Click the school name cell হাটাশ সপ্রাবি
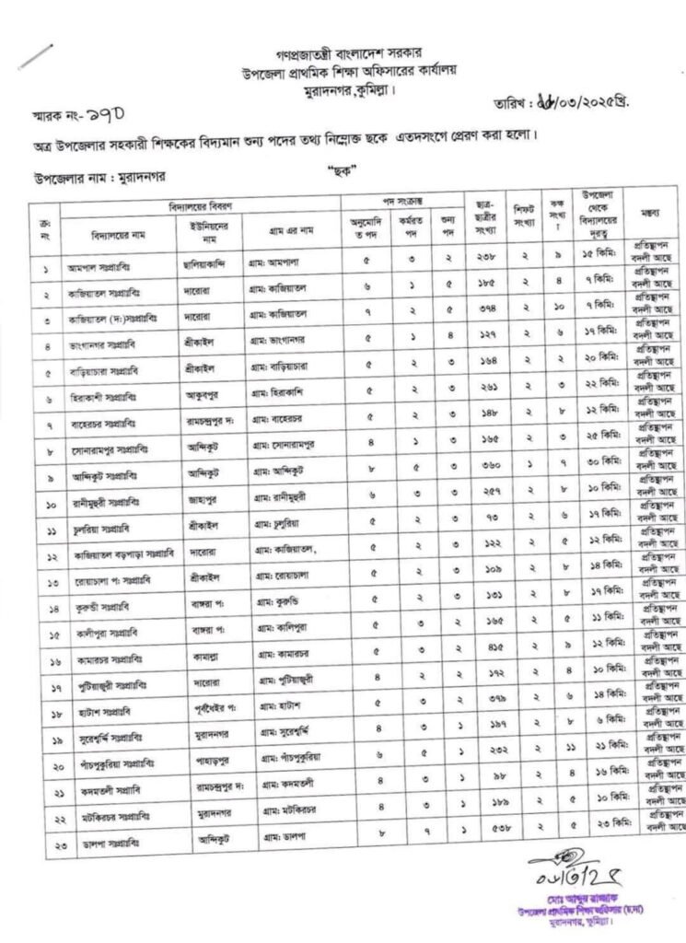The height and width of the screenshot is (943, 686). pyautogui.click(x=99, y=716)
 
